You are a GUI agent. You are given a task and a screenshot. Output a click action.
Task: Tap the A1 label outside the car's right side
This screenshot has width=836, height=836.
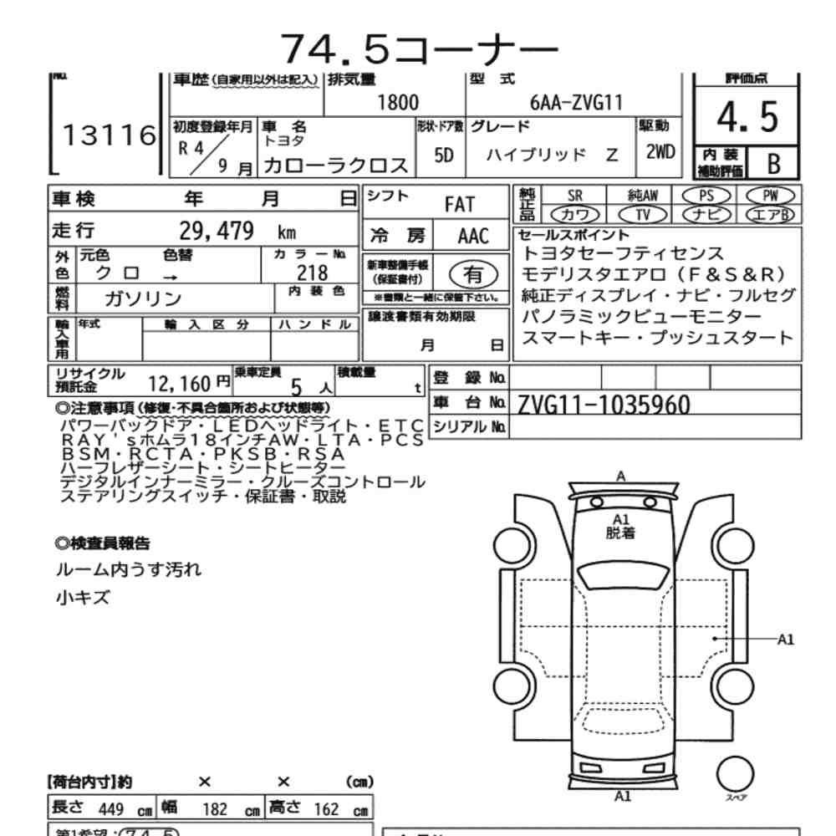pos(785,640)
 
